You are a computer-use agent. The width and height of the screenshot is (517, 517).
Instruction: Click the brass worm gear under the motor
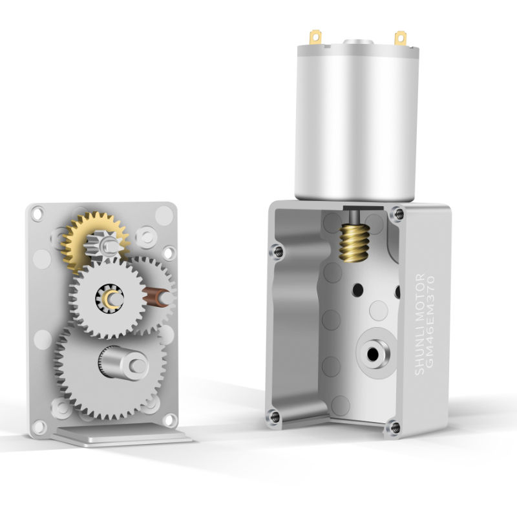354,243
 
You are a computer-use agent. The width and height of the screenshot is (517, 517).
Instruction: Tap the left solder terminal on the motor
315,37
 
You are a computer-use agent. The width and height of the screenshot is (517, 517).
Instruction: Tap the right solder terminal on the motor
400,38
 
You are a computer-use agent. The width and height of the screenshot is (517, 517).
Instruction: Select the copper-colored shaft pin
156,297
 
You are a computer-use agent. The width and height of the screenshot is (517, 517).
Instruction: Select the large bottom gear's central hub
123,363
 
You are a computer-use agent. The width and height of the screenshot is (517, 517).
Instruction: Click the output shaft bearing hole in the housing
373,354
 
